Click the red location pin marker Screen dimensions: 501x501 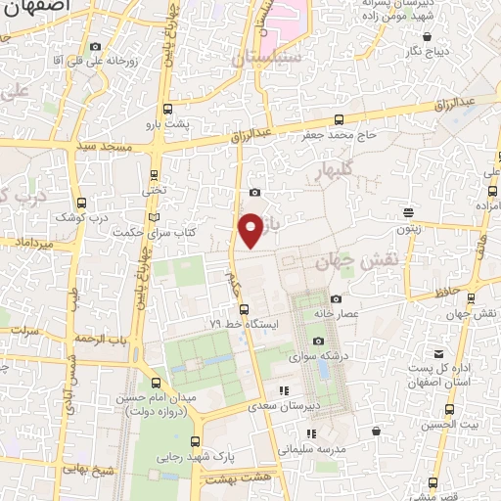pyautogui.click(x=251, y=229)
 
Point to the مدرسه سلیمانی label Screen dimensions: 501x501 pyautogui.click(x=312, y=450)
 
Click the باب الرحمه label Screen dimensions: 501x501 pyautogui.click(x=104, y=339)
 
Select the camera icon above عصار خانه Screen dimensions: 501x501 pyautogui.click(x=337, y=299)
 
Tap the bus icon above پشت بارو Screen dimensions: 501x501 pyautogui.click(x=166, y=110)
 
